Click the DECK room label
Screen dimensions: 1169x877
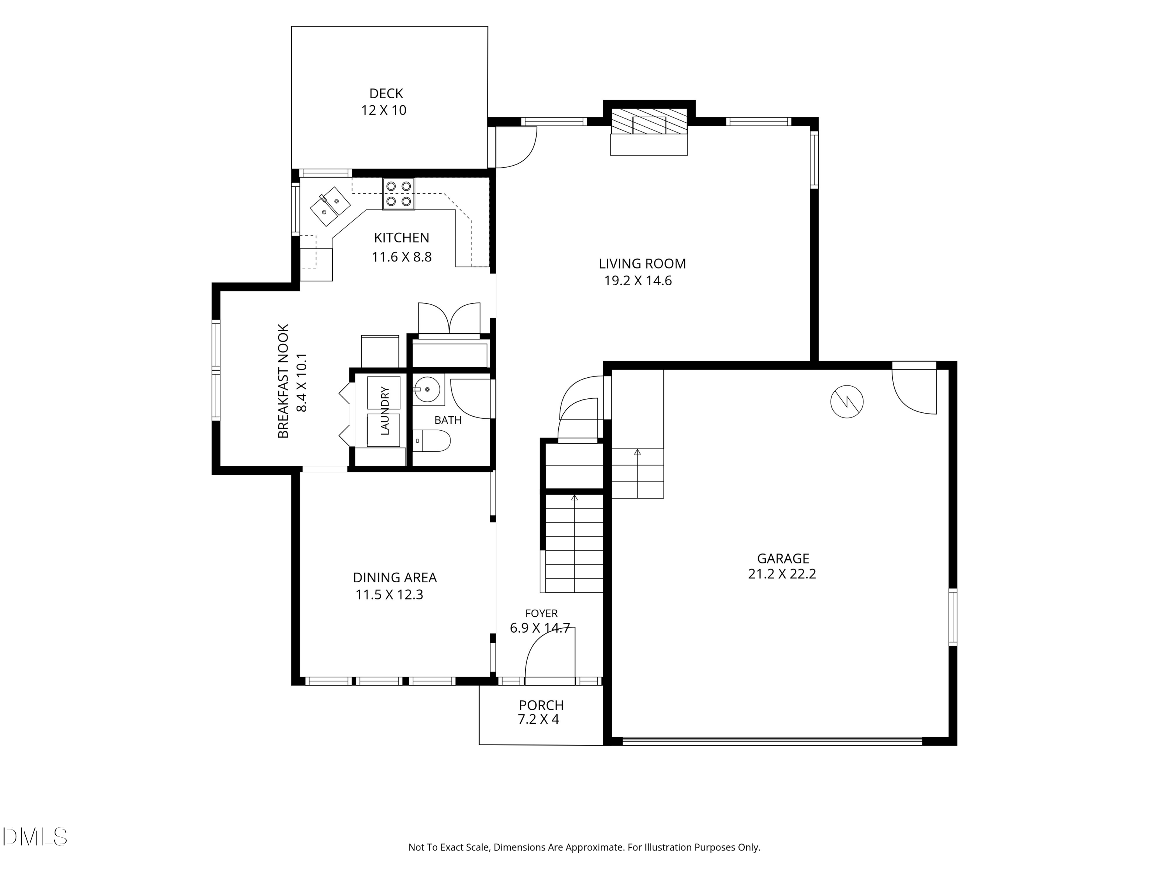(386, 94)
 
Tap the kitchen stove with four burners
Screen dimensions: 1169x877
(399, 194)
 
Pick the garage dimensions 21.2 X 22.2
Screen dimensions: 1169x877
(782, 574)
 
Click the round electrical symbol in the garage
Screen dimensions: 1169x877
(847, 402)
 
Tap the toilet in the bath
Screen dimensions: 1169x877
(431, 440)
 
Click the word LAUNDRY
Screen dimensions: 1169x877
(385, 411)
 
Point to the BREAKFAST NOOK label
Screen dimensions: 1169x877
(284, 381)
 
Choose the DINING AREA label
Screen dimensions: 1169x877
(395, 578)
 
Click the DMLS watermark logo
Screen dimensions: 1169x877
(35, 836)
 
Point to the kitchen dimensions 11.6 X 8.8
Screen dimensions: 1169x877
(402, 257)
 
